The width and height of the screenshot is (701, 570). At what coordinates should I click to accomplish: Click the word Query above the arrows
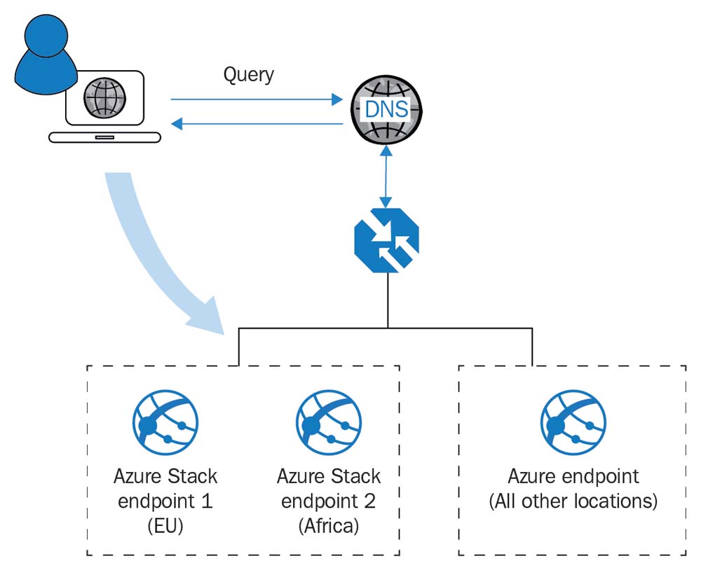(248, 74)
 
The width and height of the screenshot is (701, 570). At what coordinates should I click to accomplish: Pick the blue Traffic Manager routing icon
(386, 239)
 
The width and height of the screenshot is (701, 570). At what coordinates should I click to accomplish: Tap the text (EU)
(165, 526)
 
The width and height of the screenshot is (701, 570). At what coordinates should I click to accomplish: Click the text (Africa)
(328, 526)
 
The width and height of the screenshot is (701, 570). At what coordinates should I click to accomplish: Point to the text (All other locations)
(573, 501)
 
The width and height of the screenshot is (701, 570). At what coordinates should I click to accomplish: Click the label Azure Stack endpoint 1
(165, 489)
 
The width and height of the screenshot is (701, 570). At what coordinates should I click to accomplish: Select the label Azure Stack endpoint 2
(328, 489)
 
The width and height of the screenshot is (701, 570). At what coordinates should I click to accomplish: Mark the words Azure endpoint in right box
(573, 477)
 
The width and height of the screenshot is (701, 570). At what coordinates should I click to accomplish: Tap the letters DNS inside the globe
(385, 111)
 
